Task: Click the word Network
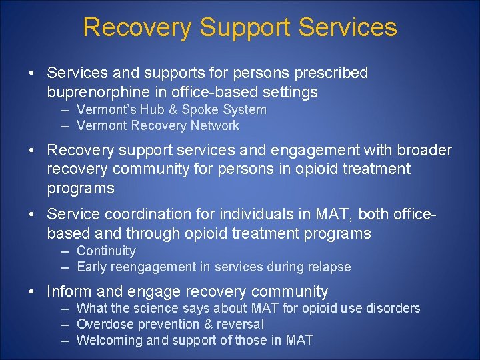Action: [x=213, y=125]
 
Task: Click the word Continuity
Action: [x=106, y=251]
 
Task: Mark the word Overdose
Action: [x=105, y=324]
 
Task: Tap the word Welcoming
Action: [x=110, y=340]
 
